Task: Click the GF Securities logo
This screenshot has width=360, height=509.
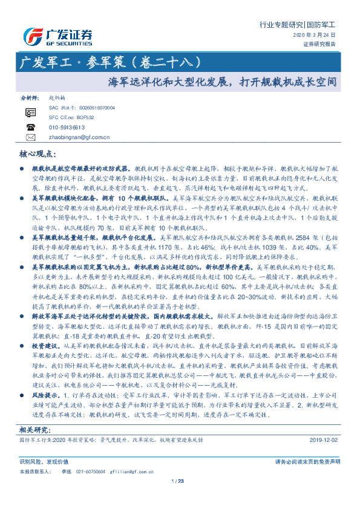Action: pyautogui.click(x=59, y=34)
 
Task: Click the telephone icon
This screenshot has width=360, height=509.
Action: pyautogui.click(x=30, y=127)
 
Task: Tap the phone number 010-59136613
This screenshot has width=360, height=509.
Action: pyautogui.click(x=67, y=127)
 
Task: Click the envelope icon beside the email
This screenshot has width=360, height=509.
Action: pyautogui.click(x=30, y=137)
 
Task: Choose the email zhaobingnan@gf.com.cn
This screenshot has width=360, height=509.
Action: pyautogui.click(x=79, y=137)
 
